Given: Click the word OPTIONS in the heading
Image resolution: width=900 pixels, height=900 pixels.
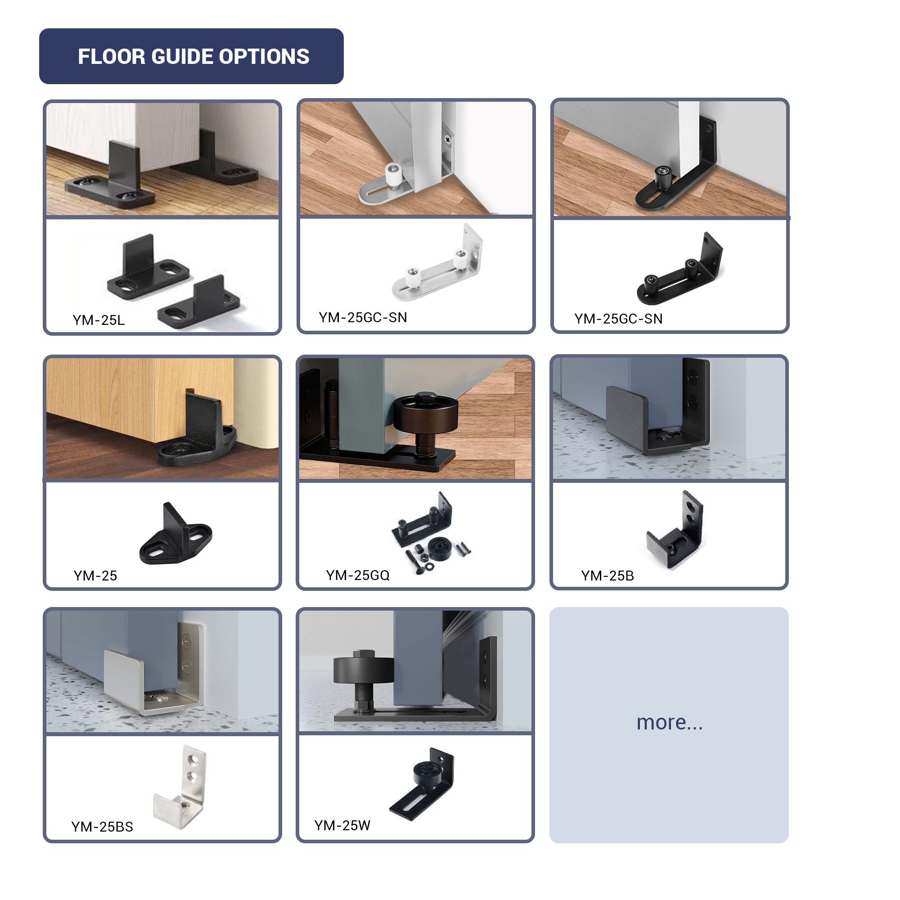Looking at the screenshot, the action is [x=264, y=56].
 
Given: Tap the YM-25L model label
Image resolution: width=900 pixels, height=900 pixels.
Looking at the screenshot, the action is [x=99, y=320].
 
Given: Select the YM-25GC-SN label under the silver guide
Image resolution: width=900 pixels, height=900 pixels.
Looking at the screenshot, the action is [x=363, y=317].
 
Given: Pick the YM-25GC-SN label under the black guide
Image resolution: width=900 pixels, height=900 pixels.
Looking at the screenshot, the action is [x=618, y=319].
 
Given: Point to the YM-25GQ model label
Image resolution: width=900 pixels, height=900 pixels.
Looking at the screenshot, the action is [x=357, y=575].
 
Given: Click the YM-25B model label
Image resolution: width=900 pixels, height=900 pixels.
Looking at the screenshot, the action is [x=607, y=576].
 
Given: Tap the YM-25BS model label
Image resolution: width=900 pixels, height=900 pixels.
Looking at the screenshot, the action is [x=102, y=827].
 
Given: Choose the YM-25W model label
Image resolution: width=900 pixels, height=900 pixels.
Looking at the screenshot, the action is [x=342, y=825].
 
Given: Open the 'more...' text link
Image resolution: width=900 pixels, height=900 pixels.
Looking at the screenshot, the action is [x=670, y=723].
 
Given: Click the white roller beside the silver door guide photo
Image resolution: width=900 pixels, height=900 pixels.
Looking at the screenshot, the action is [x=394, y=175].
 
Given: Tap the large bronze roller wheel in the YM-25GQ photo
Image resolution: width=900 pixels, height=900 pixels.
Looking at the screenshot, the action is [x=426, y=413].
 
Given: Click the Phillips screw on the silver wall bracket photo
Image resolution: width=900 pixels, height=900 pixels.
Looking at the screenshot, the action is [x=448, y=139].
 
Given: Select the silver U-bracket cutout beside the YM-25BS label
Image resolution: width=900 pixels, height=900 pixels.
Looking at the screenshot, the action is [x=180, y=787].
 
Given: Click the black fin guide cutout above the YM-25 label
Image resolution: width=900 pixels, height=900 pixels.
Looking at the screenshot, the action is [x=175, y=534].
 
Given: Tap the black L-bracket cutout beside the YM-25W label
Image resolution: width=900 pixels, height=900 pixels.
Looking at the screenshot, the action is [x=422, y=784].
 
